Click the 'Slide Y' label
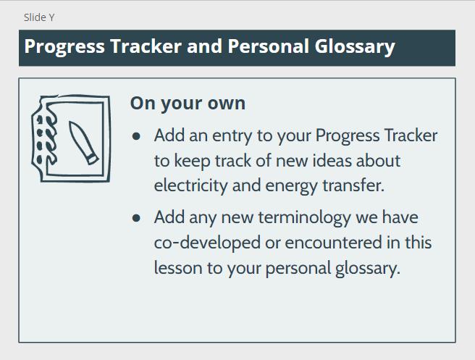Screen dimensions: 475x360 (39, 17)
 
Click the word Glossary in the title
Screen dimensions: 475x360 (355, 47)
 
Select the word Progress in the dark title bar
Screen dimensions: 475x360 (64, 47)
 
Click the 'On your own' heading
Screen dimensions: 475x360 (188, 104)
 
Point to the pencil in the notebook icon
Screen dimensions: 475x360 (83, 143)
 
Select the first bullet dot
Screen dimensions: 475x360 (136, 136)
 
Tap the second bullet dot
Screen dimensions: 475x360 (136, 218)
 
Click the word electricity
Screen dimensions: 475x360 (191, 185)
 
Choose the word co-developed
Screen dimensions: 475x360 (207, 243)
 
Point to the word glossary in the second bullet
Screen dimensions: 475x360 (368, 269)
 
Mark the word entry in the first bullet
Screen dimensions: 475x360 (232, 136)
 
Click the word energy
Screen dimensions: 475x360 (291, 186)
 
